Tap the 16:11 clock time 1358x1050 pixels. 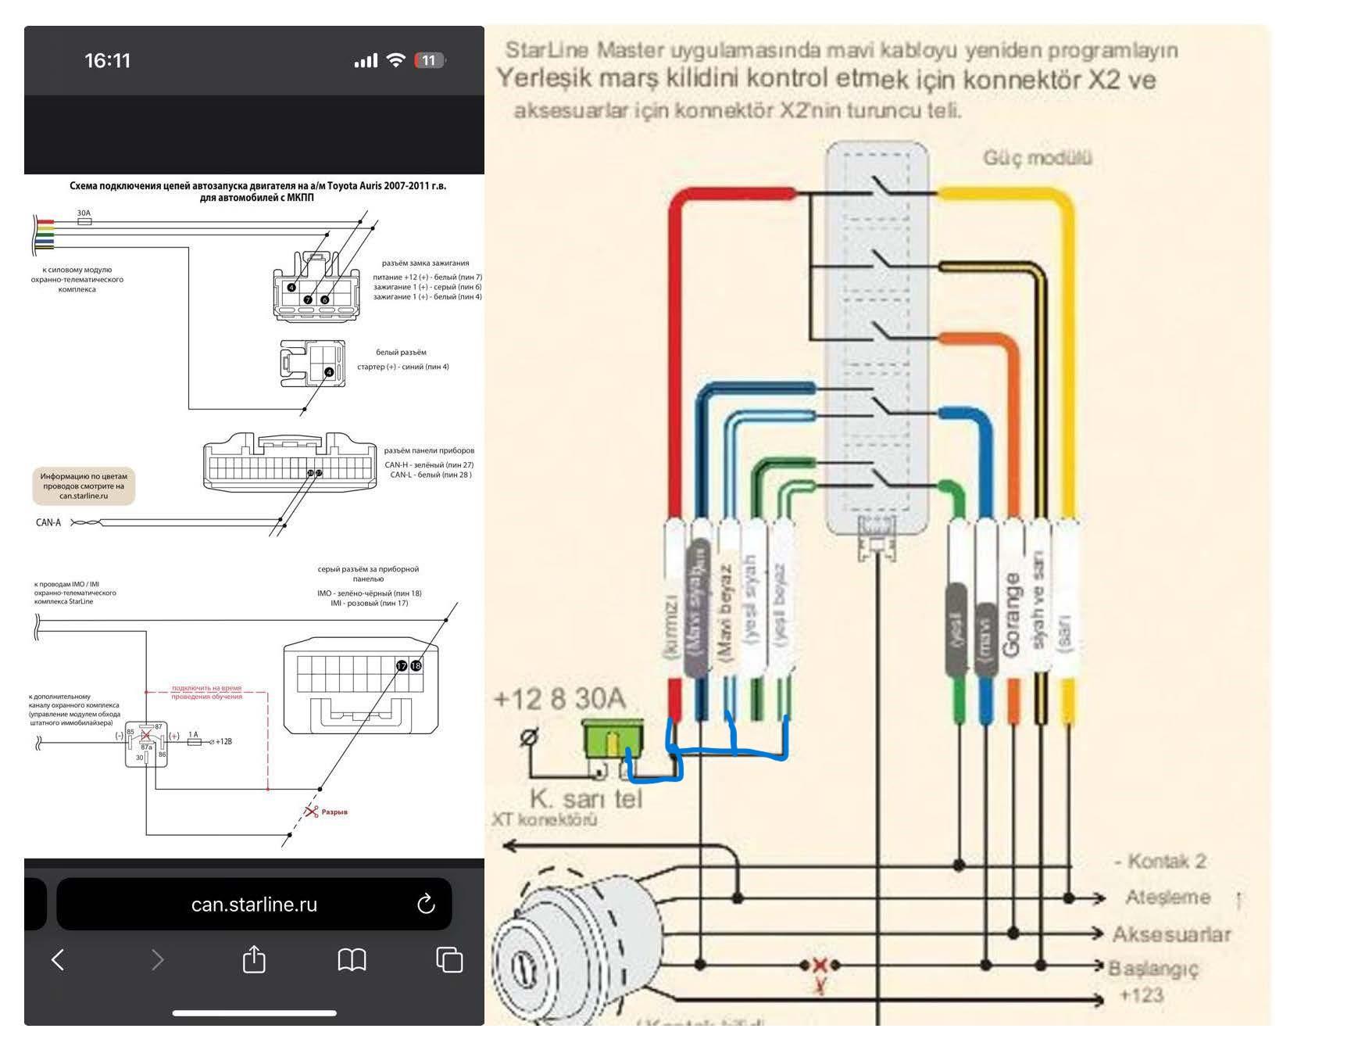pyautogui.click(x=107, y=61)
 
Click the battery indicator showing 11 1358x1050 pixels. pyautogui.click(x=429, y=61)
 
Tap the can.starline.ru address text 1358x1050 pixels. pyautogui.click(x=254, y=905)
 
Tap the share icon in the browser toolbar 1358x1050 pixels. pyautogui.click(x=254, y=959)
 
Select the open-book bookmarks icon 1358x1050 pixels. pyautogui.click(x=352, y=959)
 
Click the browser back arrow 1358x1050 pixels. pyautogui.click(x=58, y=959)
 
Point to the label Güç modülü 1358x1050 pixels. pyautogui.click(x=1037, y=158)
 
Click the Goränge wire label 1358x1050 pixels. pyautogui.click(x=1012, y=615)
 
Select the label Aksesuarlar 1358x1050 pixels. pyautogui.click(x=1170, y=934)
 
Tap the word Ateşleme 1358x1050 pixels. pyautogui.click(x=1167, y=898)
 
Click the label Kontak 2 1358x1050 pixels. pyautogui.click(x=1161, y=862)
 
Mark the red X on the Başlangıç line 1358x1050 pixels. pyautogui.click(x=820, y=965)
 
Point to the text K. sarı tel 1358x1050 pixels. pyautogui.click(x=586, y=799)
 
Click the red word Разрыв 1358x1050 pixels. pyautogui.click(x=334, y=812)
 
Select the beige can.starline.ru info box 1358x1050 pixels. pyautogui.click(x=84, y=486)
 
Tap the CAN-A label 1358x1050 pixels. pyautogui.click(x=48, y=522)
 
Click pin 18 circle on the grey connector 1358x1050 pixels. pyautogui.click(x=416, y=665)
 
